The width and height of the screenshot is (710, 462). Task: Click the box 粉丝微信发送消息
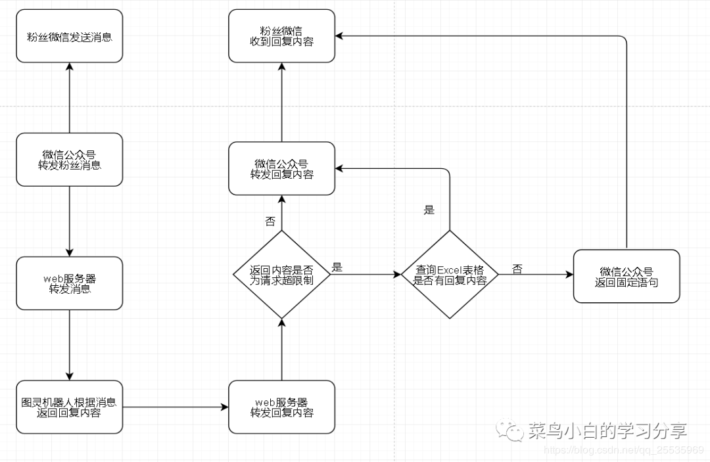pyautogui.click(x=69, y=36)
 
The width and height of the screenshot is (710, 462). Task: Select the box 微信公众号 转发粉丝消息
pyautogui.click(x=69, y=159)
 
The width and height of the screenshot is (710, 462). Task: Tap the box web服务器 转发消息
pyautogui.click(x=69, y=283)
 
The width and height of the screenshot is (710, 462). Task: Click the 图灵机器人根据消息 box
pyautogui.click(x=69, y=407)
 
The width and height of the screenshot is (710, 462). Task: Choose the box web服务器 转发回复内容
pyautogui.click(x=281, y=407)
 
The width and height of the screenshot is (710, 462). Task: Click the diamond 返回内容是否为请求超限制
pyautogui.click(x=281, y=274)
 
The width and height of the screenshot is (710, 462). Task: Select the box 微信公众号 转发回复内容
pyautogui.click(x=281, y=168)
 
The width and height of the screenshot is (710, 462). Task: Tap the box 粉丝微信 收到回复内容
pyautogui.click(x=281, y=36)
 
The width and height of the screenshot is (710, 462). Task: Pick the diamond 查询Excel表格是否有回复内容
pyautogui.click(x=450, y=274)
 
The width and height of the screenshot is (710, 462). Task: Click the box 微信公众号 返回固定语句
pyautogui.click(x=627, y=276)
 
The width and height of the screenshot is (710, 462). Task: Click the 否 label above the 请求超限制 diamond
pyautogui.click(x=270, y=221)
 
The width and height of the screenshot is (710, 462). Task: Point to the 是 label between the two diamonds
pyautogui.click(x=337, y=267)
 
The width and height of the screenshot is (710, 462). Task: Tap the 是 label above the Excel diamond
pyautogui.click(x=429, y=210)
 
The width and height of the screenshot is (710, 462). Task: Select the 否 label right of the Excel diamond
pyautogui.click(x=517, y=269)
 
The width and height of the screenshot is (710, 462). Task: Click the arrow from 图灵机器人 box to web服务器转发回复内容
pyautogui.click(x=176, y=407)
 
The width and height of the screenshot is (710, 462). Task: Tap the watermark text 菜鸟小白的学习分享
pyautogui.click(x=607, y=431)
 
